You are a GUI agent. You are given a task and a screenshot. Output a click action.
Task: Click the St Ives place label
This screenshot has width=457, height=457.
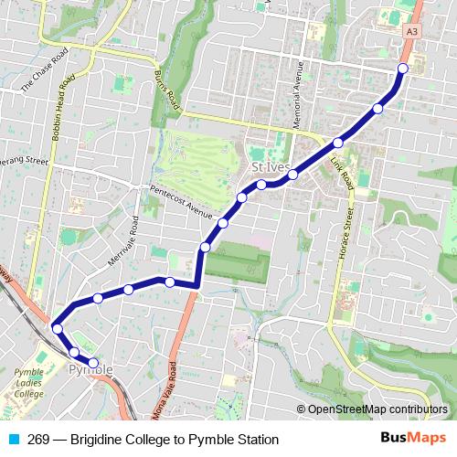(271, 169)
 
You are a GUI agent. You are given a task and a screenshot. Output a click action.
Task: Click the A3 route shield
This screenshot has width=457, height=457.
(413, 32)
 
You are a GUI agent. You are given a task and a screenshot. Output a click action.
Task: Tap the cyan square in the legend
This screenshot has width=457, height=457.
(11, 440)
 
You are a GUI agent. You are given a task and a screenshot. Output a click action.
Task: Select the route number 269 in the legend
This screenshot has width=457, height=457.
(37, 440)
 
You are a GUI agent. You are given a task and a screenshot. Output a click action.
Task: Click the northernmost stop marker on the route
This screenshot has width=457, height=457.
(403, 69)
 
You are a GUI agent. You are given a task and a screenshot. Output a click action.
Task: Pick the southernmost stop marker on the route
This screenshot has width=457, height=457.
(93, 363)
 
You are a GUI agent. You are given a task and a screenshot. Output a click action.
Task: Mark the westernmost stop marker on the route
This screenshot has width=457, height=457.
(57, 328)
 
